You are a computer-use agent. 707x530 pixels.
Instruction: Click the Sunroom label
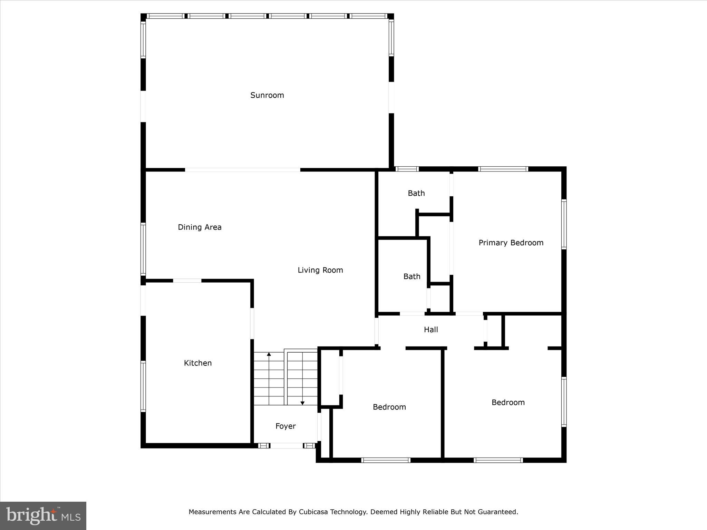pos(267,95)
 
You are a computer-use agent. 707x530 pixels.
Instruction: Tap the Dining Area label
pos(200,227)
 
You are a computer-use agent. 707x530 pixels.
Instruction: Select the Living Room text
pos(320,270)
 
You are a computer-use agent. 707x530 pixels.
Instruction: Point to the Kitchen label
pos(197,363)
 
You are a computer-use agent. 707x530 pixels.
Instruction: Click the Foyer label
pos(285,426)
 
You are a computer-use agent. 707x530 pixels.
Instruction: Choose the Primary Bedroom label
pos(511,243)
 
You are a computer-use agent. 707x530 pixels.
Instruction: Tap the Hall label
pos(430,330)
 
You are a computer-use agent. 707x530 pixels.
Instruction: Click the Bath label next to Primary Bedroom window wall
pos(416,193)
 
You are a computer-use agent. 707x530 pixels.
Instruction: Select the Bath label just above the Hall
pos(411,276)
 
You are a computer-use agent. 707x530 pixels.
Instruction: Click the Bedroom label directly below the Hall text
pos(389,407)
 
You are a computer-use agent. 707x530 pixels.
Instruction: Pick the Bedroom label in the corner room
pos(508,402)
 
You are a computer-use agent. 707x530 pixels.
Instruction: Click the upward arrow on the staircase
pos(269,354)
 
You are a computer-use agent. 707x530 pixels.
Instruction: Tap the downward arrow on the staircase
pos(302,403)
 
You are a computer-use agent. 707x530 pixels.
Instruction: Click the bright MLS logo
pos(43,516)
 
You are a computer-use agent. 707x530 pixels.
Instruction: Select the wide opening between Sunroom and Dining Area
pos(242,170)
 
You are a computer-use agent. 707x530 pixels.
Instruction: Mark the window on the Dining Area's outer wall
pos(143,249)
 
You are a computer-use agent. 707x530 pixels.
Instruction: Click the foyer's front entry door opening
pos(286,446)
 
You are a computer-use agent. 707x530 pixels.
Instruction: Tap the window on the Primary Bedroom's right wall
pos(563,224)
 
